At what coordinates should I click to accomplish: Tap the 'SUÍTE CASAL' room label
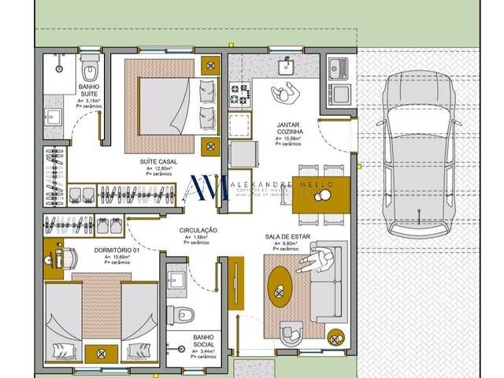[158, 161]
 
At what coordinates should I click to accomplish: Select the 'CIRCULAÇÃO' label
[198, 230]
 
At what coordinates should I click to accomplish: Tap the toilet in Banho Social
[185, 313]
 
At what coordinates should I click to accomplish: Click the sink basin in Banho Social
[176, 278]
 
